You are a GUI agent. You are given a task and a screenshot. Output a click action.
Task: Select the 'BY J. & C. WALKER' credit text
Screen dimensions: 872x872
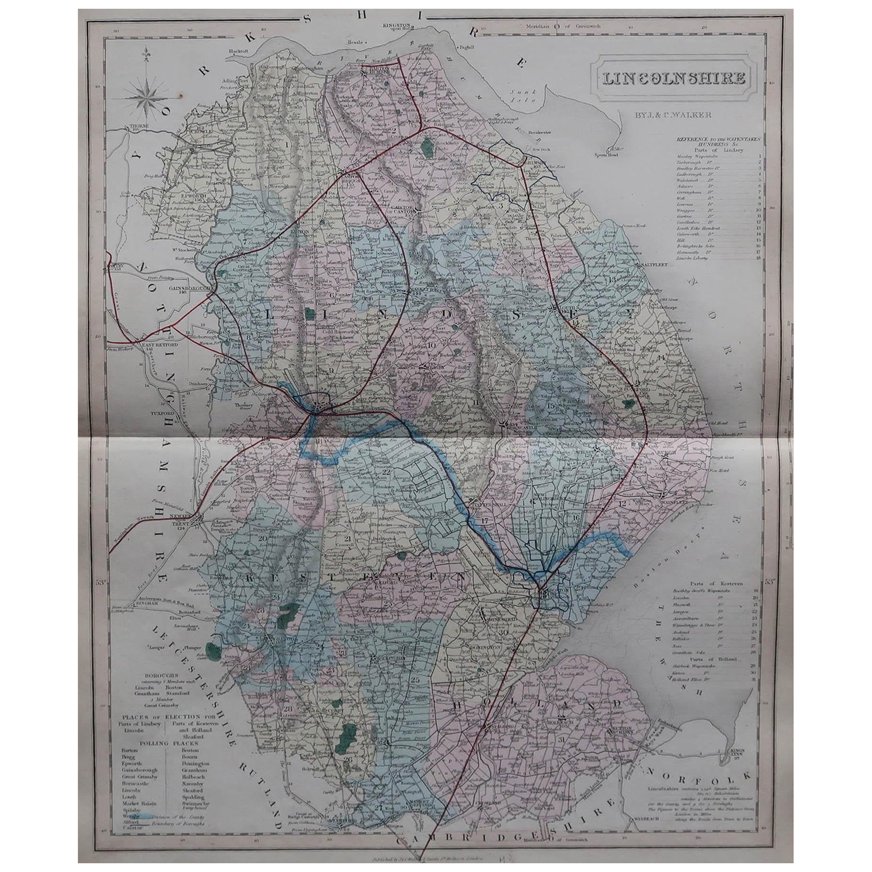668,115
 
